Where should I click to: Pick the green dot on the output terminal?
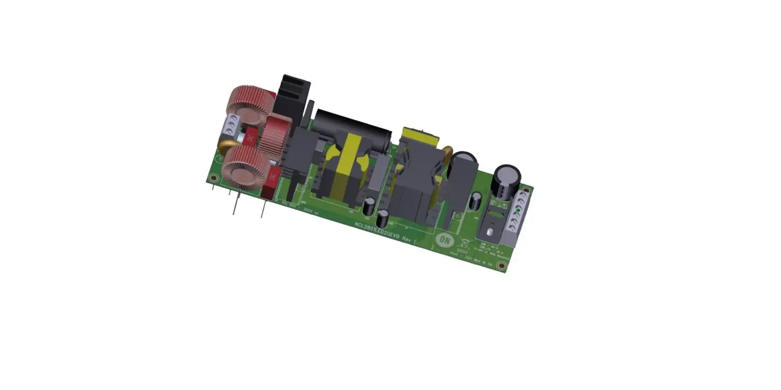(518, 211)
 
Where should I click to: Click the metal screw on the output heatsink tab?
(490, 232)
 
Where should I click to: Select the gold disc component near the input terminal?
(226, 146)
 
